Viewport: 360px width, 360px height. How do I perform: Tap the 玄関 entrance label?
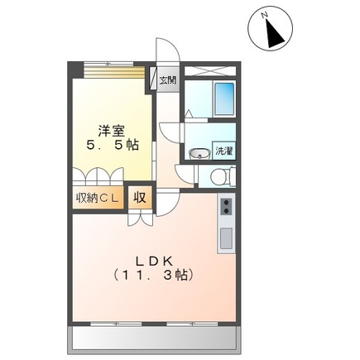[x=167, y=80]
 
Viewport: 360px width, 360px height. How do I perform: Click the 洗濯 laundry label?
[x=223, y=151]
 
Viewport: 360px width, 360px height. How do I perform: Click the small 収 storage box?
[x=140, y=197]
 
